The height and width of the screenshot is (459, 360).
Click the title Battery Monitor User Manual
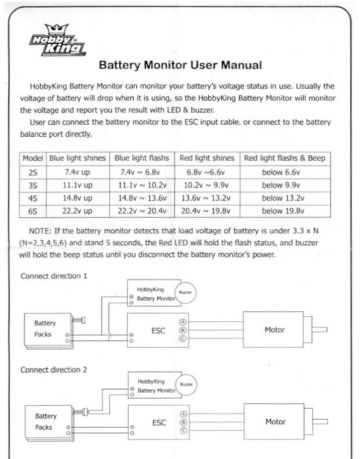click(180, 65)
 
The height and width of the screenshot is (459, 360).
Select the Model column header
click(33, 158)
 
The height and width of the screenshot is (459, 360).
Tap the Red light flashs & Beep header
click(284, 158)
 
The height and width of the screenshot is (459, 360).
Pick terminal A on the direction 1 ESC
click(183, 322)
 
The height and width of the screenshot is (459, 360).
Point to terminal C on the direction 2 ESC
click(183, 431)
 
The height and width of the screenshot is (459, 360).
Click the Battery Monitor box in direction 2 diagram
click(153, 386)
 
